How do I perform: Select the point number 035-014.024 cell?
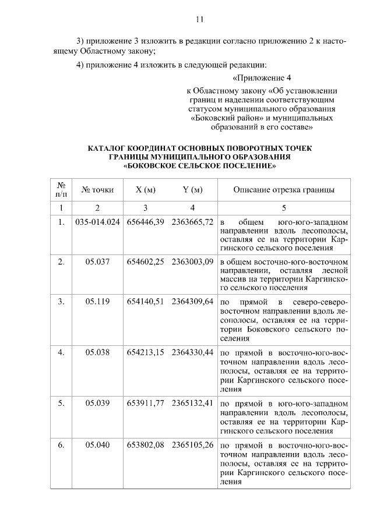97,223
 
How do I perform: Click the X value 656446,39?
146,223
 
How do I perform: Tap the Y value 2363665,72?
193,223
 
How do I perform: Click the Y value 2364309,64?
193,300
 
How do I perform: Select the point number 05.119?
97,300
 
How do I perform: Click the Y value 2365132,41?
193,403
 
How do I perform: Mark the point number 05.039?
97,403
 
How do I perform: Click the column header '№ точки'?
97,190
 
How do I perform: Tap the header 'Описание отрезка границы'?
284,190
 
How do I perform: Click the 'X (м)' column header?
146,190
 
